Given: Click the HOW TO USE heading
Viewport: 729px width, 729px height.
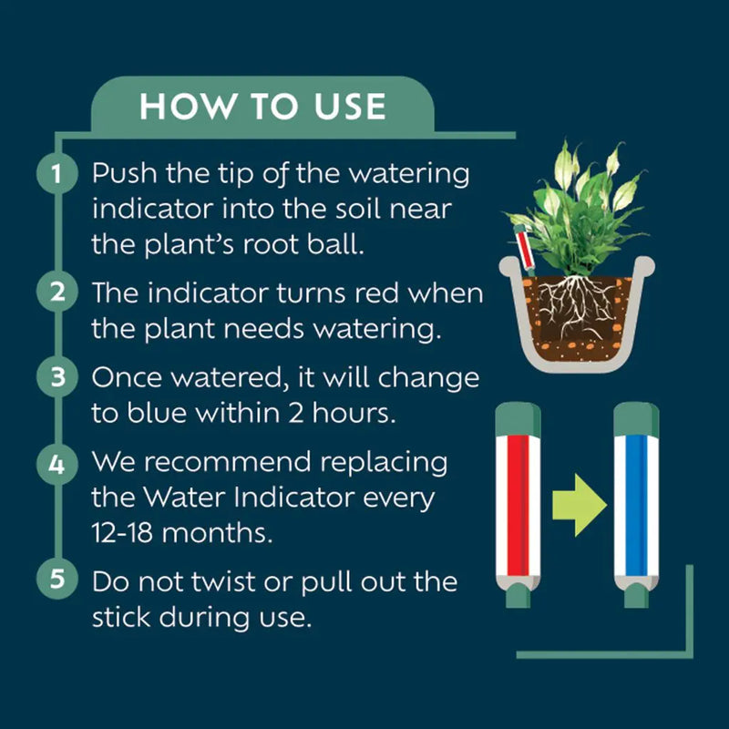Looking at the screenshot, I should [x=263, y=107].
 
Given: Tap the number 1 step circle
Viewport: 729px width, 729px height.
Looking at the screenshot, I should [x=56, y=173].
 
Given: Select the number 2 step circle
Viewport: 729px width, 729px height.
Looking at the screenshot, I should [x=56, y=293].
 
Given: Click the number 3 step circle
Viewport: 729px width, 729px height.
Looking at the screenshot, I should [x=56, y=377].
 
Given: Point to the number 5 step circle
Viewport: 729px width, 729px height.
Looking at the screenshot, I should [x=56, y=580].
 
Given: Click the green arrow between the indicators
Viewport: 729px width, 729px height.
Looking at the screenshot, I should [x=579, y=504].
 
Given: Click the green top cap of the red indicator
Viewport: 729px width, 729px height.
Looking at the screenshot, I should [x=517, y=420].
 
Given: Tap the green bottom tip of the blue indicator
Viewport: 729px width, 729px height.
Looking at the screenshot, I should [x=638, y=597].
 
